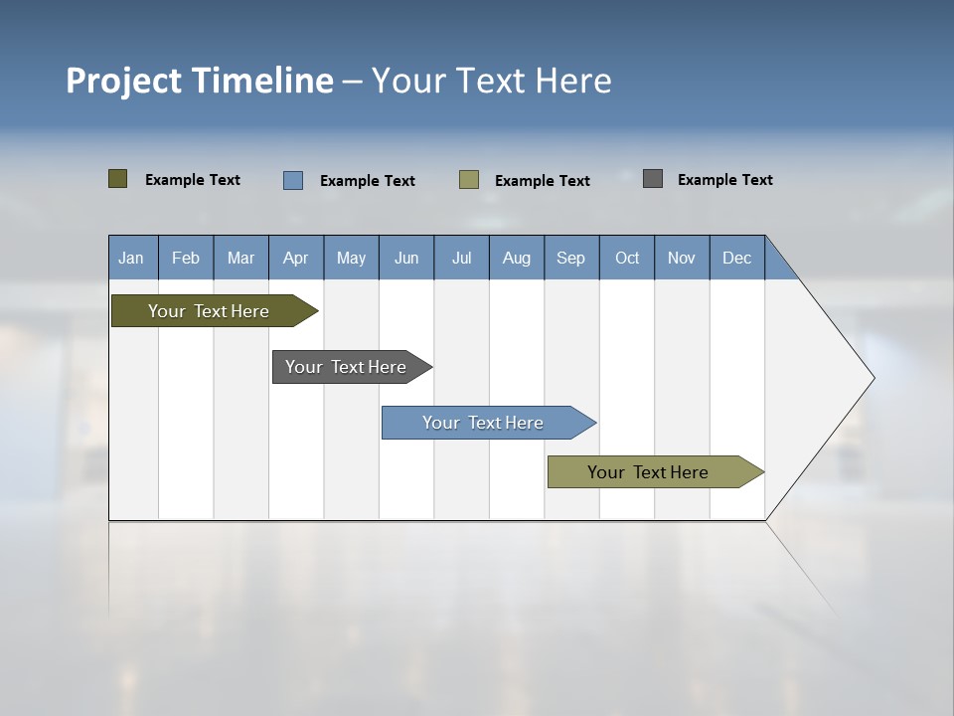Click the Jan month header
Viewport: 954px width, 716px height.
click(x=132, y=258)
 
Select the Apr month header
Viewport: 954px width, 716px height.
click(x=296, y=258)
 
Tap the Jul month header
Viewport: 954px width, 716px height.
click(x=461, y=258)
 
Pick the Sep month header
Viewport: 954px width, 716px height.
click(x=571, y=258)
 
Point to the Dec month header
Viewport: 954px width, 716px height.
click(x=736, y=258)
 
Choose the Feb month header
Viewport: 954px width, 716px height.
click(x=186, y=258)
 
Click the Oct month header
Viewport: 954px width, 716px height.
click(x=627, y=258)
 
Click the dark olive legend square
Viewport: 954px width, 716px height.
click(x=118, y=179)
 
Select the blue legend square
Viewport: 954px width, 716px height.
click(x=293, y=180)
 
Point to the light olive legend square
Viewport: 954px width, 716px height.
click(x=469, y=180)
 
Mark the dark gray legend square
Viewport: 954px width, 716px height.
click(x=653, y=179)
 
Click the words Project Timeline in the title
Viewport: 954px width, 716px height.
click(x=199, y=81)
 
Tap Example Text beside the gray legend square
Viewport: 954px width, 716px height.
click(x=724, y=180)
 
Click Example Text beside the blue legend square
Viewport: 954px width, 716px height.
click(x=367, y=181)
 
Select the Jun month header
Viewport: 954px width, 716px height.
click(x=406, y=258)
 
